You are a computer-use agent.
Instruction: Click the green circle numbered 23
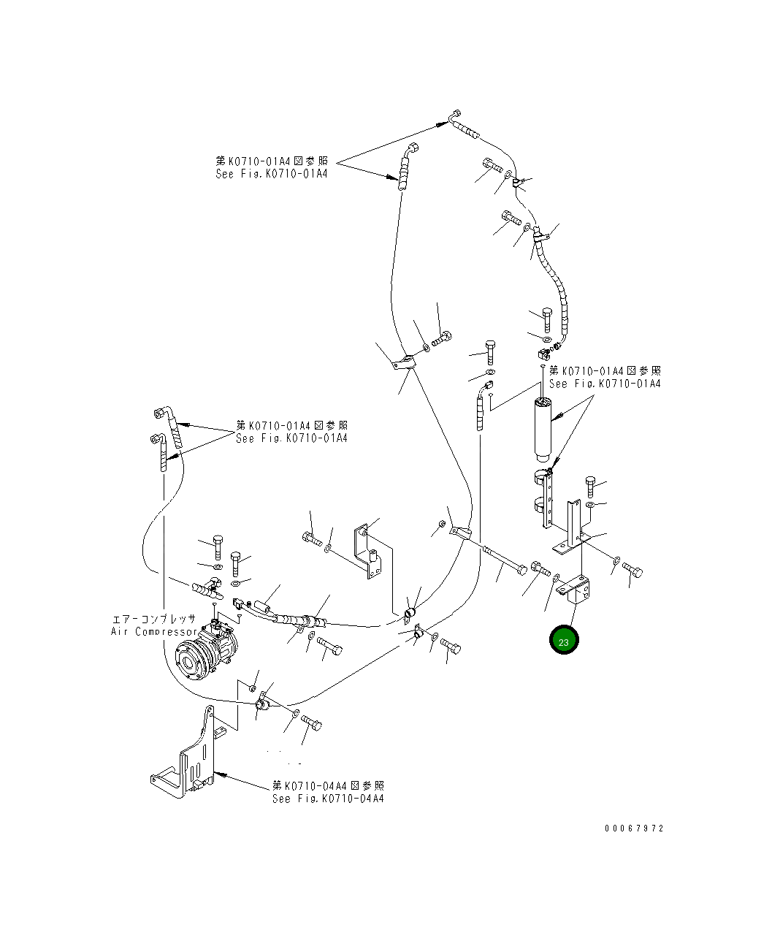[564, 641]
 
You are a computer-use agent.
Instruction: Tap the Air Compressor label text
[153, 631]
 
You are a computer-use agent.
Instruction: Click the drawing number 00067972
[634, 828]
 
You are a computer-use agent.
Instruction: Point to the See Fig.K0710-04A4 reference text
[328, 799]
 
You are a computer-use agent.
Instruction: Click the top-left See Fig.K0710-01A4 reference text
[271, 174]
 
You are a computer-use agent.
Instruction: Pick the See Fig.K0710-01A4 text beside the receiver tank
[604, 384]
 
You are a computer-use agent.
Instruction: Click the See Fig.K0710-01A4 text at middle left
[291, 438]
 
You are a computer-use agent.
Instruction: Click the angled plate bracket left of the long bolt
[369, 552]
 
